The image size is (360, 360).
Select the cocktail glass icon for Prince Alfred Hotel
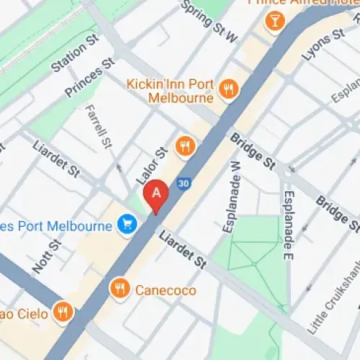(274, 22)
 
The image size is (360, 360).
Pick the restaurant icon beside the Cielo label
(63, 313)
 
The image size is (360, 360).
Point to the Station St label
(74, 57)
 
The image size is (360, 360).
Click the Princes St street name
(89, 79)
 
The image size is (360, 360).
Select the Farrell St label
(99, 127)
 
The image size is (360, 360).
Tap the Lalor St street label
(151, 163)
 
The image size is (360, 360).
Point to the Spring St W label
(210, 21)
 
